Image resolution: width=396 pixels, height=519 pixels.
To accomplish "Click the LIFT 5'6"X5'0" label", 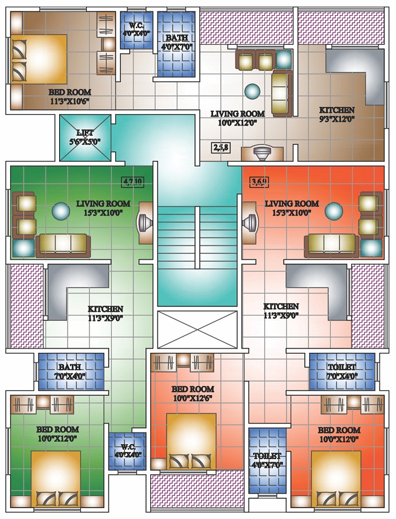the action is tap(85, 137).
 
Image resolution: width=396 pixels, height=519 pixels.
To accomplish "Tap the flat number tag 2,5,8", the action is tap(222, 147).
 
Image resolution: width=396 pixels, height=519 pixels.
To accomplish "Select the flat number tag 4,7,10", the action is tap(133, 181).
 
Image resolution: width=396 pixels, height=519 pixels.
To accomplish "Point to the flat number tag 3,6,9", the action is tap(260, 181).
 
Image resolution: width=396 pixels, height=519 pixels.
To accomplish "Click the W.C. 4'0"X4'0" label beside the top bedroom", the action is tap(136, 29).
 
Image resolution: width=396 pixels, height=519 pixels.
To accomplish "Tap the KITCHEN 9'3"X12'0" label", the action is tap(336, 114).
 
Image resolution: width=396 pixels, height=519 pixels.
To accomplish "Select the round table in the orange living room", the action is tap(334, 211).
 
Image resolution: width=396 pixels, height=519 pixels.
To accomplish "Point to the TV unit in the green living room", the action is tap(145, 223).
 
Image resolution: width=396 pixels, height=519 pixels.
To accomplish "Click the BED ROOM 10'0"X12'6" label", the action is tap(193, 393).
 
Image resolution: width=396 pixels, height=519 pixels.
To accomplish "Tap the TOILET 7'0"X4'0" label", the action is tap(342, 372).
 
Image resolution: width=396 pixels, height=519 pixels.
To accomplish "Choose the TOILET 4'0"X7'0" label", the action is tap(267, 460).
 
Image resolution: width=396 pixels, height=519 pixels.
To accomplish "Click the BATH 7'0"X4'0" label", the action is tap(70, 372).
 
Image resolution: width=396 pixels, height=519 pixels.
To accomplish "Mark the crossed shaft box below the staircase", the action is tap(197, 329).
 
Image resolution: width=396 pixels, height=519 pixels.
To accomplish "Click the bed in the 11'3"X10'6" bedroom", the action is tap(39, 59).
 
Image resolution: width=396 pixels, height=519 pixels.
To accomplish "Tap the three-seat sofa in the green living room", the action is tap(63, 245).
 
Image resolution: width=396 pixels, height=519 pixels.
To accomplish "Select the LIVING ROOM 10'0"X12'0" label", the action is tap(237, 118).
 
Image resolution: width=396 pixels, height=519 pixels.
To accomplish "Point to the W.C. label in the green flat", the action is tap(128, 451).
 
